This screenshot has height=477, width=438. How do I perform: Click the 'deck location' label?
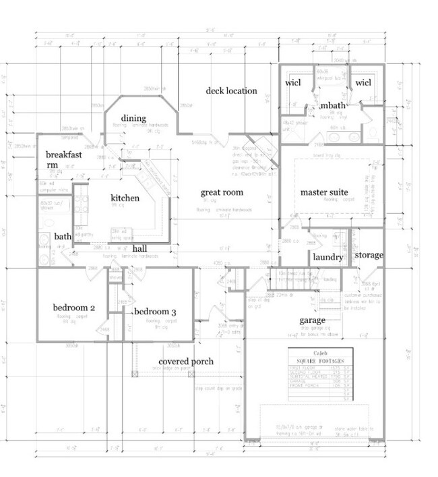231,91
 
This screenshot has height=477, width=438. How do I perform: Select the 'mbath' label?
333,107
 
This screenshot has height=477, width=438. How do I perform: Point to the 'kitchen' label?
125,198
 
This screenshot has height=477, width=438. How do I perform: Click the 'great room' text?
221,193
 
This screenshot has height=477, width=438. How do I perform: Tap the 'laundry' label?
328,257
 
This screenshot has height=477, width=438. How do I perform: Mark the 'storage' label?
369,255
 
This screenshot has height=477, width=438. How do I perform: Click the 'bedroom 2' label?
73,308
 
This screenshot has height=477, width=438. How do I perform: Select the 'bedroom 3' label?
156,312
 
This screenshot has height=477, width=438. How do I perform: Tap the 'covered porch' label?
185,362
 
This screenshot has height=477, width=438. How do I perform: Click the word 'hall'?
139,248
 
